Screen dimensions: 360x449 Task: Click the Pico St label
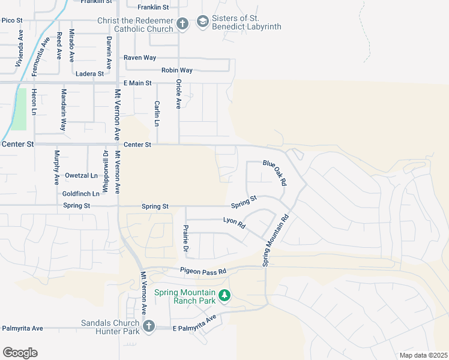[x=12, y=20]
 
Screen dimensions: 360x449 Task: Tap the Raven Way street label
[x=140, y=58]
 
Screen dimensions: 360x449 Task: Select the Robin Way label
[x=177, y=70]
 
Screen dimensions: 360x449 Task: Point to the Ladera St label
[x=91, y=74]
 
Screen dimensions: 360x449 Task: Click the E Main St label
[x=137, y=83]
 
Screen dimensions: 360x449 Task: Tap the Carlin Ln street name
[x=157, y=113]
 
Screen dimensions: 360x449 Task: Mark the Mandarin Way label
[x=63, y=110]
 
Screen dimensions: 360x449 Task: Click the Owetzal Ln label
[x=81, y=176]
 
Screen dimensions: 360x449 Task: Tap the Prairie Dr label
[x=185, y=239]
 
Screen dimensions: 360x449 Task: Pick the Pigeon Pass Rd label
[x=203, y=271]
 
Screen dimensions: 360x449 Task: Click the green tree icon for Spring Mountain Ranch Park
[x=224, y=295]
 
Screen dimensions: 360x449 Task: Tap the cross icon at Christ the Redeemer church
[x=182, y=24]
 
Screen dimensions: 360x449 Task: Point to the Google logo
[x=20, y=353]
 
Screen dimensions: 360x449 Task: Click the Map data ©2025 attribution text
[x=423, y=355]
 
